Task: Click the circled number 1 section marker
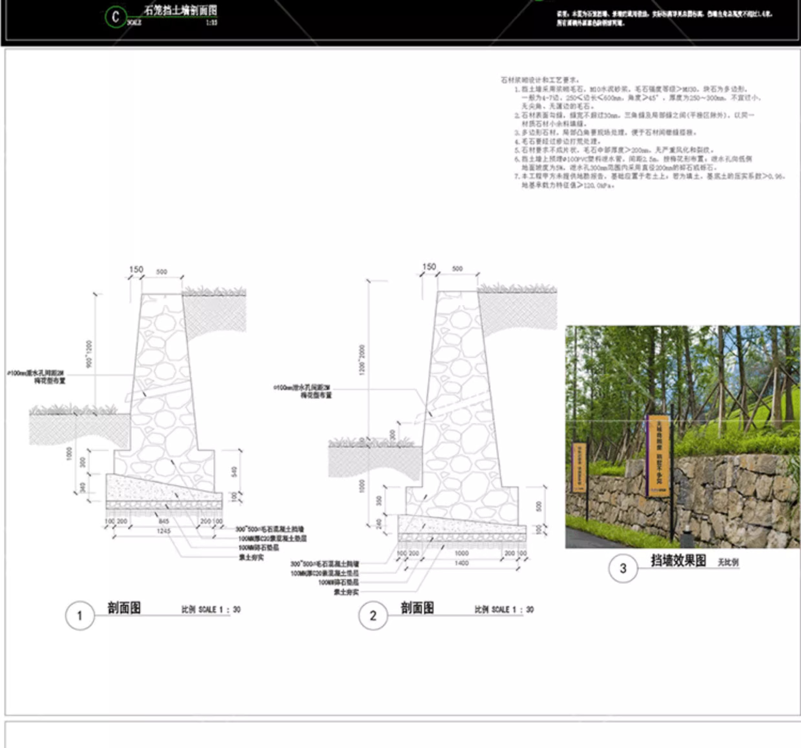click(x=80, y=616)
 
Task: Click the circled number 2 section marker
click(x=373, y=616)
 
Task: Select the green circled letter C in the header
click(x=116, y=17)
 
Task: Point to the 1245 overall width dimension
click(x=163, y=531)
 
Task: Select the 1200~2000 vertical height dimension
click(x=362, y=360)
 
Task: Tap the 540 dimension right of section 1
click(x=234, y=472)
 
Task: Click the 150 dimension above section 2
click(x=429, y=267)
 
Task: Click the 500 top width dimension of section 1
click(x=161, y=272)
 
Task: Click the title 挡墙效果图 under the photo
click(x=678, y=560)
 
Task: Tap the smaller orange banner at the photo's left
click(x=580, y=467)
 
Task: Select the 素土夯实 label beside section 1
click(x=251, y=557)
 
